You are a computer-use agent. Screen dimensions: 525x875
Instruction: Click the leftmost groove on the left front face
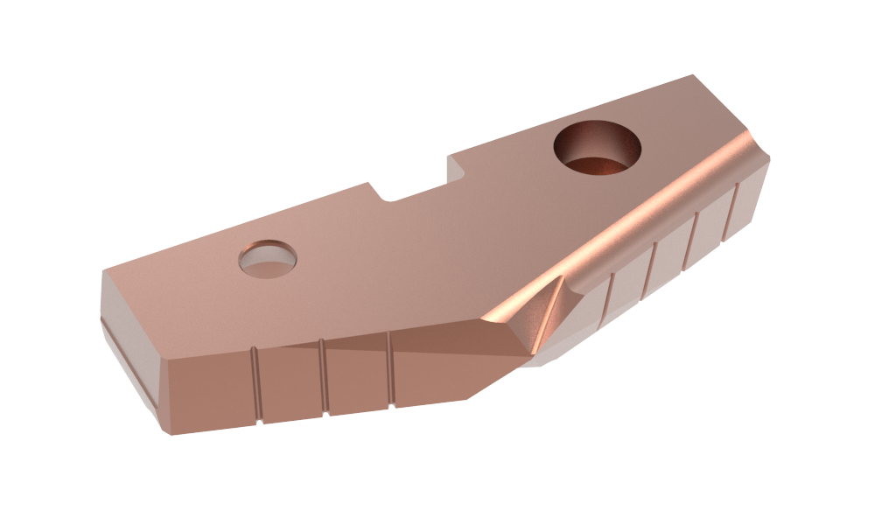[256, 386]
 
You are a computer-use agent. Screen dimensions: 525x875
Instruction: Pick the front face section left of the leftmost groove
[210, 394]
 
